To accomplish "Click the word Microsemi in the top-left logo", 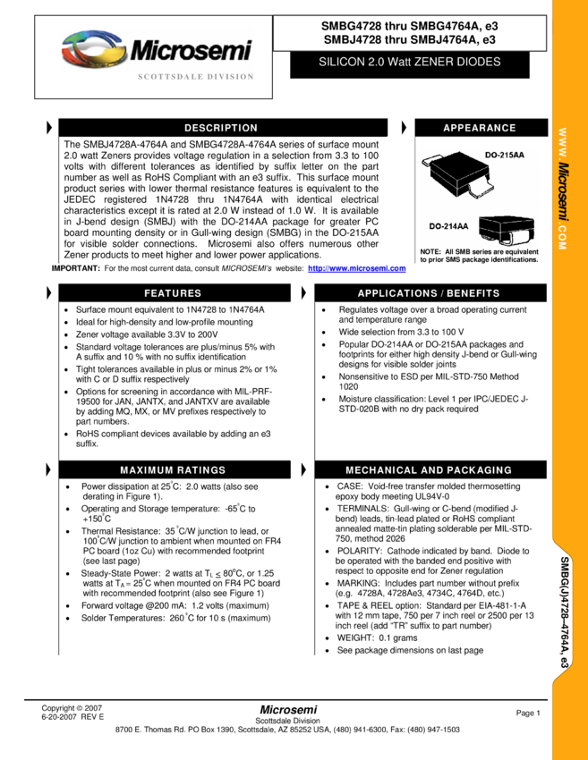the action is [191, 51].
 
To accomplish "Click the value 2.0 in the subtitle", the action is [375, 63].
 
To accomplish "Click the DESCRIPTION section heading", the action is [221, 128].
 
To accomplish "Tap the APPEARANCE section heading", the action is [480, 128].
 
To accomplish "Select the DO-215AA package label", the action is [505, 156].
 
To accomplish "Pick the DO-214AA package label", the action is [448, 226].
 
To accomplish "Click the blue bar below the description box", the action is [357, 268].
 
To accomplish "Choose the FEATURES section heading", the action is [173, 293].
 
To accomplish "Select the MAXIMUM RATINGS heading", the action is [173, 470].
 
